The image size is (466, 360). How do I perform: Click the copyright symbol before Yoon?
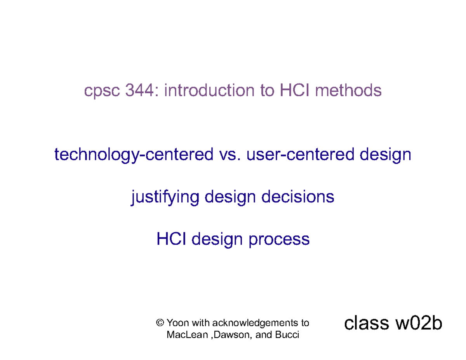(x=159, y=323)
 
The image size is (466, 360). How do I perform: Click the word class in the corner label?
(x=365, y=323)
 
